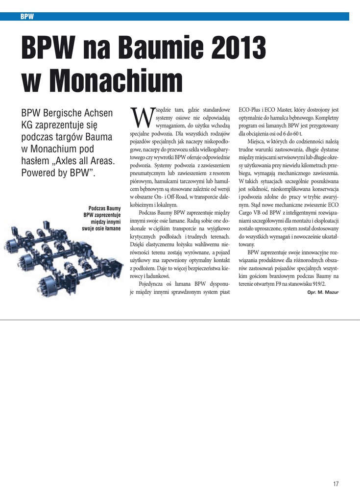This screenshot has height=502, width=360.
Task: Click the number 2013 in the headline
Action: coord(239,50)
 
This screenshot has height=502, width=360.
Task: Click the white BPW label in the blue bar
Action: coord(27,17)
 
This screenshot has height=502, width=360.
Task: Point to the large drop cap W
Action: coord(141,117)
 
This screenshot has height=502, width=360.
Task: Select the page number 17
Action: coord(336,484)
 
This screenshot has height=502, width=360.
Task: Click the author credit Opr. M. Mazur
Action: coord(323,292)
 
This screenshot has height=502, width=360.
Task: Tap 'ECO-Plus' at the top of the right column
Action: coord(249,110)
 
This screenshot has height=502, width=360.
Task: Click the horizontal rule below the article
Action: coord(180,320)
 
